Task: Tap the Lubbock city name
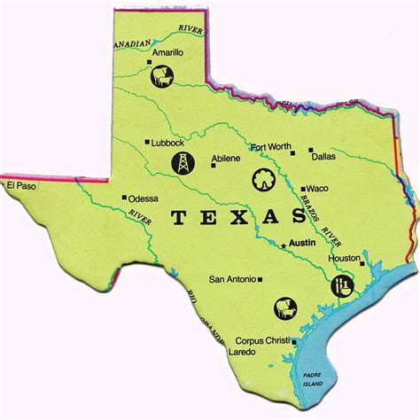click(x=169, y=142)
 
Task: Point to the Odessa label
click(x=144, y=198)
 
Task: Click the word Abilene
click(x=226, y=160)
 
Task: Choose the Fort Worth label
click(x=270, y=148)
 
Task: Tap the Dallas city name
click(x=324, y=155)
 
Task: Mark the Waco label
click(x=318, y=189)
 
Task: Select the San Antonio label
click(x=231, y=279)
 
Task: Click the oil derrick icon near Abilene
click(x=180, y=162)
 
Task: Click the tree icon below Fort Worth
click(x=263, y=176)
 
